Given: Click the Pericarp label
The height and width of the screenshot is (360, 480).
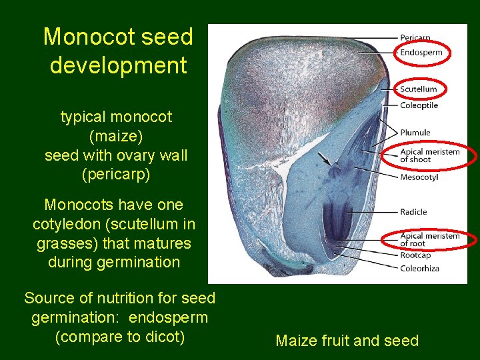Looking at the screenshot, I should pyautogui.click(x=415, y=38).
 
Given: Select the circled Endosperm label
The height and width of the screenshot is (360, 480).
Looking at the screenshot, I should pyautogui.click(x=421, y=53).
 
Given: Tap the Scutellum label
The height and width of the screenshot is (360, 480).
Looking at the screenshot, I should pyautogui.click(x=419, y=89).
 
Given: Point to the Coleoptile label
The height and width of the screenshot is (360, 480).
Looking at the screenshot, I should pyautogui.click(x=419, y=105).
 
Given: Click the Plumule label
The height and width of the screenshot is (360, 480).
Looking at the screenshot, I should pyautogui.click(x=415, y=133).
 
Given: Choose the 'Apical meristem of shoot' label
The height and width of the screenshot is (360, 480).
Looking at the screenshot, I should pyautogui.click(x=429, y=155).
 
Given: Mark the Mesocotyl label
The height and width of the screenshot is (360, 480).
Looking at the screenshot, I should pyautogui.click(x=419, y=177).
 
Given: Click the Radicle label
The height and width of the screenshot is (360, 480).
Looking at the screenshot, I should pyautogui.click(x=413, y=212).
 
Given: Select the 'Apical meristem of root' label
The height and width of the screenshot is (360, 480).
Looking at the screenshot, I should pyautogui.click(x=429, y=239).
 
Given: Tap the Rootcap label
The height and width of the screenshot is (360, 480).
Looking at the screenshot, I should pyautogui.click(x=415, y=256).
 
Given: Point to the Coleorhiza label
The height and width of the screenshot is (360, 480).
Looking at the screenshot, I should pyautogui.click(x=419, y=269).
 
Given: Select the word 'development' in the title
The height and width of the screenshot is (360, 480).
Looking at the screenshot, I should pyautogui.click(x=118, y=65).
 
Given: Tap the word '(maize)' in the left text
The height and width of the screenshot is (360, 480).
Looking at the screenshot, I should pyautogui.click(x=116, y=136).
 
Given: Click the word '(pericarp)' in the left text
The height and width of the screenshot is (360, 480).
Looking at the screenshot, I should pyautogui.click(x=116, y=175).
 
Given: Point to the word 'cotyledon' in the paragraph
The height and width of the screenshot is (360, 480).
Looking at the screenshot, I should pyautogui.click(x=64, y=224).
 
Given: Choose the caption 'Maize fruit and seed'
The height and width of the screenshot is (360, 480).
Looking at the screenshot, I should pyautogui.click(x=347, y=341).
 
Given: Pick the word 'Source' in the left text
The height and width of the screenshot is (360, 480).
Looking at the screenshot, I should pyautogui.click(x=47, y=297).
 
